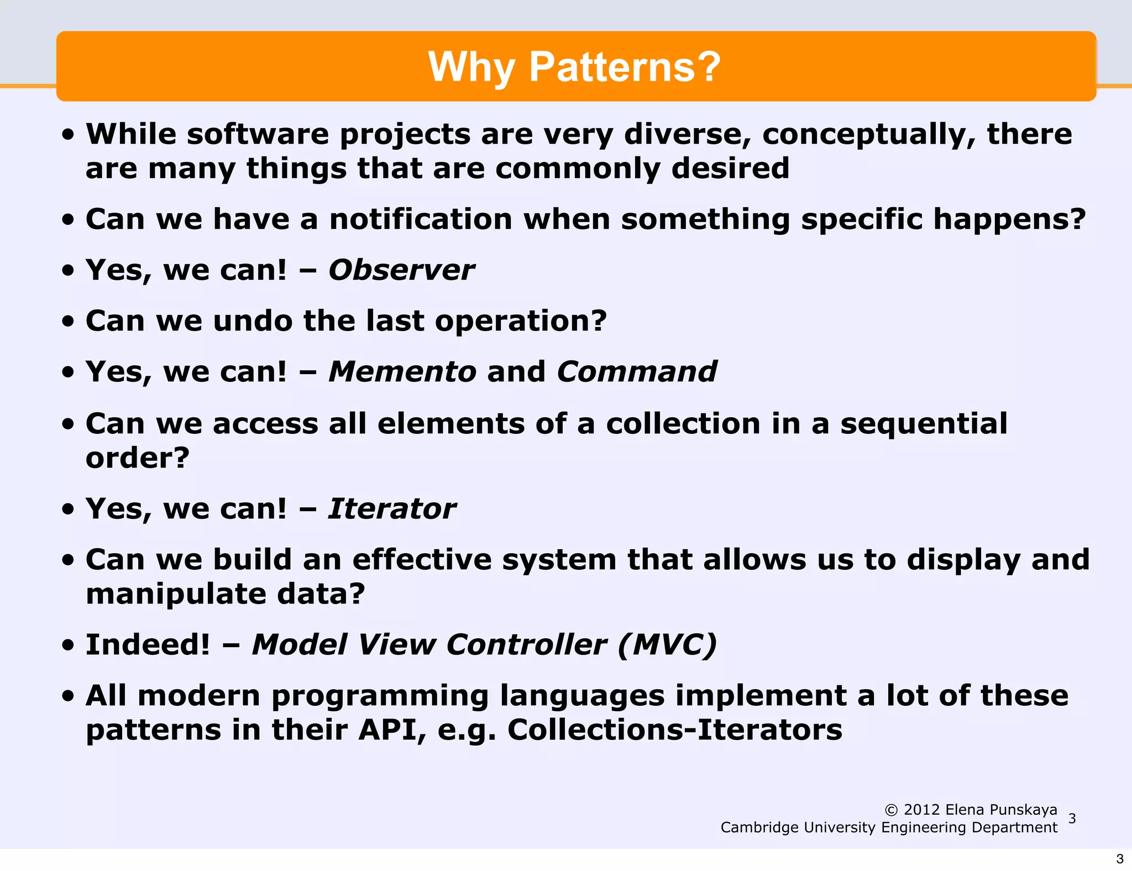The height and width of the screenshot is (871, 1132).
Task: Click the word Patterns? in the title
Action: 625,67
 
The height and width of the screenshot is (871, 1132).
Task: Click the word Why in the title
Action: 471,67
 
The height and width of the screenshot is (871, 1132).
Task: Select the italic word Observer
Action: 401,270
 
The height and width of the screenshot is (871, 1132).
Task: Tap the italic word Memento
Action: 402,372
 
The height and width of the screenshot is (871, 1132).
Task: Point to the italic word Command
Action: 637,372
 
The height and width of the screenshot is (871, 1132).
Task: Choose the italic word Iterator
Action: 392,509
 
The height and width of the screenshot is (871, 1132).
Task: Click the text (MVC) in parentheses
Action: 667,645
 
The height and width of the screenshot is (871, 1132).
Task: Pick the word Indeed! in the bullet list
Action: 148,645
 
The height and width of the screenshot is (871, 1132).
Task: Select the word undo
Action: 253,321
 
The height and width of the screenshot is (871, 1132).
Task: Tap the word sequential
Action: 924,424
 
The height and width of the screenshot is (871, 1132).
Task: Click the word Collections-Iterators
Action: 674,730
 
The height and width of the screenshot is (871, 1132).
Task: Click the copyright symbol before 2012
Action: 891,810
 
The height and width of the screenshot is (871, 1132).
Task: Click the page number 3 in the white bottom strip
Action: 1120,859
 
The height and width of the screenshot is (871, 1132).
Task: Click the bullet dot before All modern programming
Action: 68,696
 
